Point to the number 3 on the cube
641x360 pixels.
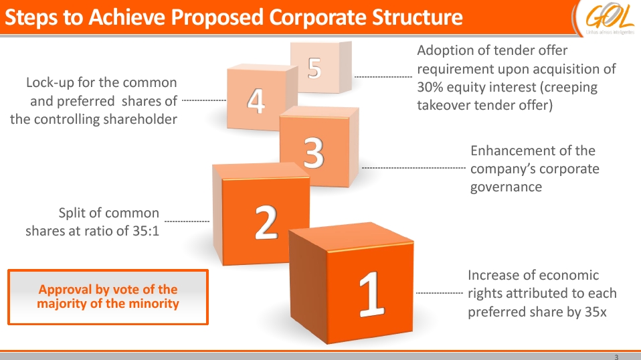pyautogui.click(x=314, y=152)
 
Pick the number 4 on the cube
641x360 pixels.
pyautogui.click(x=256, y=100)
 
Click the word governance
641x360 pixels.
pyautogui.click(x=506, y=187)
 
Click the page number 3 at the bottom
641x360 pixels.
pyautogui.click(x=616, y=357)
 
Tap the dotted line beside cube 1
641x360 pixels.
pyautogui.click(x=439, y=293)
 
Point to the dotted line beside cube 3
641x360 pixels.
pyautogui.click(x=413, y=167)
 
